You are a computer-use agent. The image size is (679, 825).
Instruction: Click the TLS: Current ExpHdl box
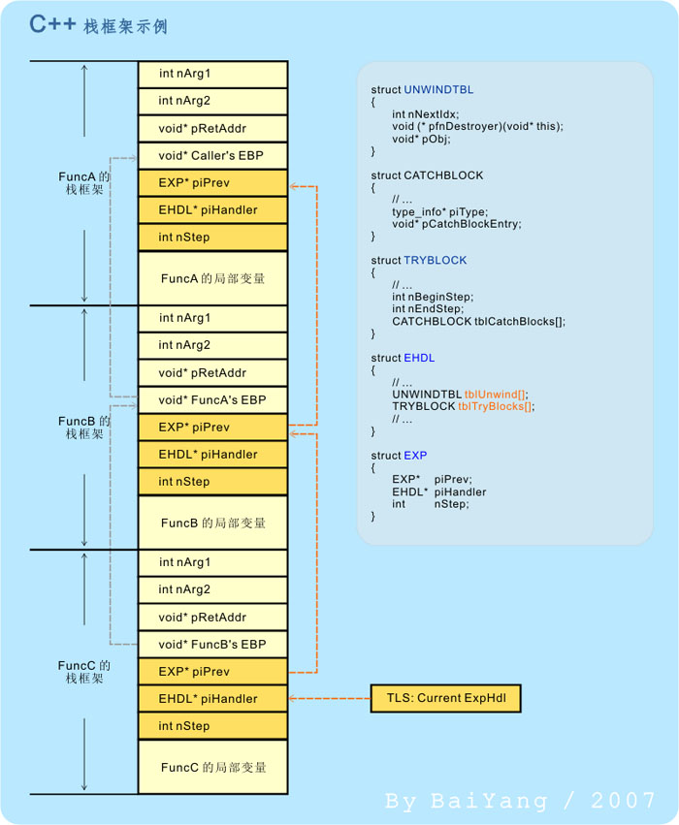point(445,698)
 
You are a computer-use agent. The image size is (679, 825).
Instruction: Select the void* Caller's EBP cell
point(212,155)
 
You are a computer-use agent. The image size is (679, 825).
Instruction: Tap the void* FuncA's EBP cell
point(212,399)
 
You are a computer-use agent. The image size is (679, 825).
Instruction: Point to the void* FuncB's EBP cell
point(212,644)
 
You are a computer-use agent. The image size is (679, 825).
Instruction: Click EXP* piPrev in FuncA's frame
point(212,182)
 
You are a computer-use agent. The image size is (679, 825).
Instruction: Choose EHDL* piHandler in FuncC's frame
point(212,698)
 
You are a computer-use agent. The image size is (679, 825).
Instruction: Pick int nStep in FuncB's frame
point(212,481)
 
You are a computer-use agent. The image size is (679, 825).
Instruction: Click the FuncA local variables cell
point(212,278)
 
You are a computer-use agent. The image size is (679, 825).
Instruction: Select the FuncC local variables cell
point(212,767)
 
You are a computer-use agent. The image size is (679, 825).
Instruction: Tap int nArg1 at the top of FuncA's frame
point(212,74)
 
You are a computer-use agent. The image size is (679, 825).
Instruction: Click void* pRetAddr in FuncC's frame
point(212,617)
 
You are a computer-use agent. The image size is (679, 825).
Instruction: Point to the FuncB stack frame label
point(84,428)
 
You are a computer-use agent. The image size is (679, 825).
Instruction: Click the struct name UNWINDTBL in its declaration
point(438,90)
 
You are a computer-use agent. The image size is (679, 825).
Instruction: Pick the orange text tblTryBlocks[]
point(496,407)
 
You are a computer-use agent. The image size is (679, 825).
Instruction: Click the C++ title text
point(52,24)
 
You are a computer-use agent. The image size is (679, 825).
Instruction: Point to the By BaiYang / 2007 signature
point(520,801)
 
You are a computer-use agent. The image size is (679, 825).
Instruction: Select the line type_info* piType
point(439,211)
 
